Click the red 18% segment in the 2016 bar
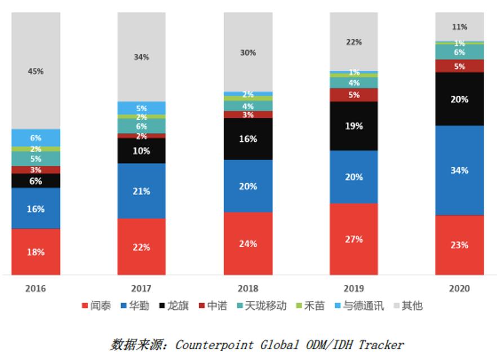35,252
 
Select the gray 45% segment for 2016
35,71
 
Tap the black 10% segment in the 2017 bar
141,150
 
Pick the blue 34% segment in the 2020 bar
459,170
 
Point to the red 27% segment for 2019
354,239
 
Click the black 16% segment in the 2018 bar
248,139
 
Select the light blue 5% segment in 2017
141,108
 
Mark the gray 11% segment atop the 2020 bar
459,26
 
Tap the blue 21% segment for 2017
141,191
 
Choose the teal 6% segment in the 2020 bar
459,52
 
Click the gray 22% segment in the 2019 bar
354,42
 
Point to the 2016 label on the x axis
35,288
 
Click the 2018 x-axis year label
248,288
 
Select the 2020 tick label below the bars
459,288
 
